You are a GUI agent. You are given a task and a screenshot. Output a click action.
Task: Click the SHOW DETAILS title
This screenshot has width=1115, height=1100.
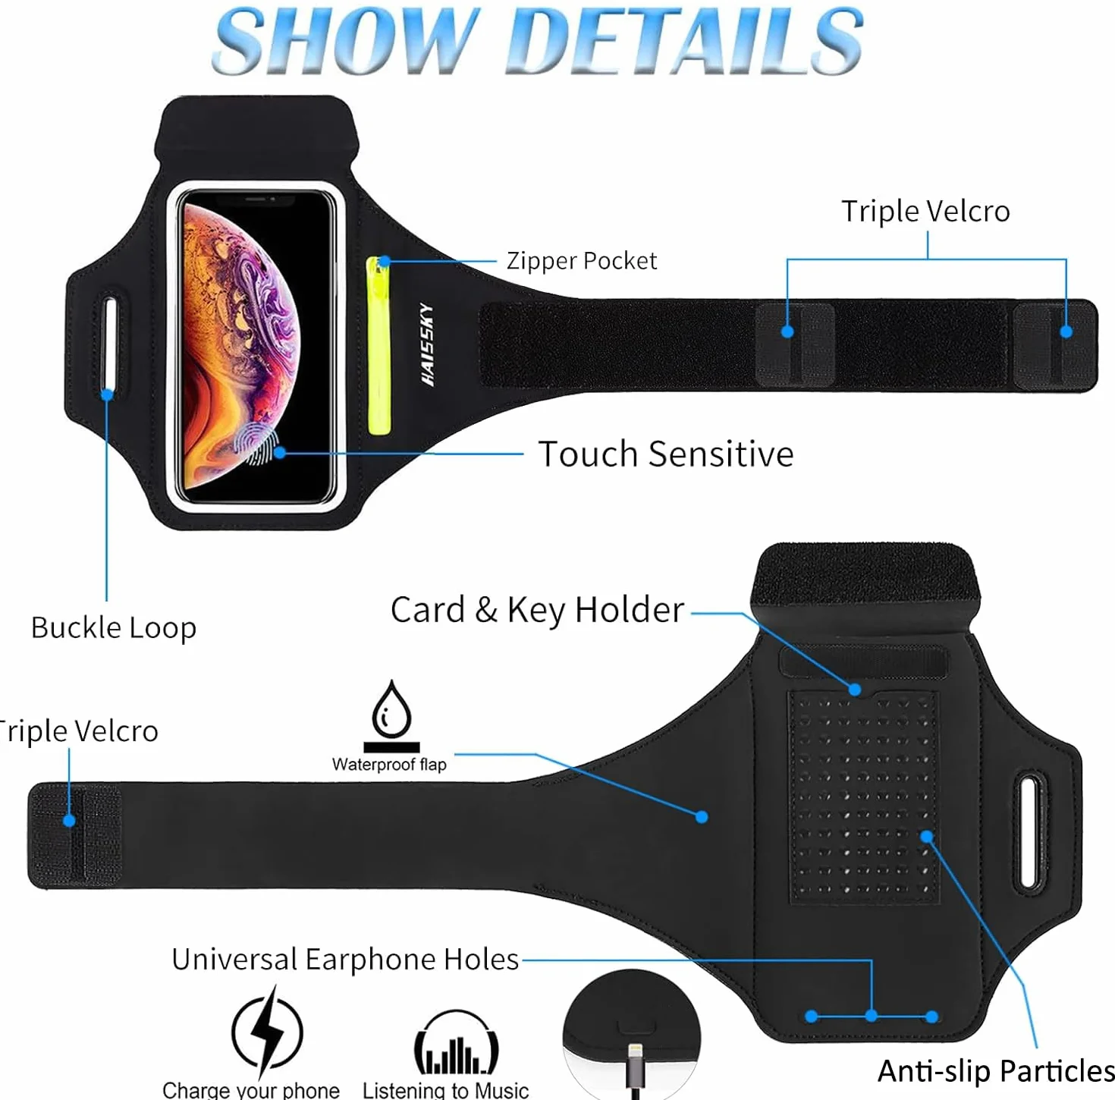pos(538,39)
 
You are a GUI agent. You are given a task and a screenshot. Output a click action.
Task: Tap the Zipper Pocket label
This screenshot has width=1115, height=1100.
pos(582,260)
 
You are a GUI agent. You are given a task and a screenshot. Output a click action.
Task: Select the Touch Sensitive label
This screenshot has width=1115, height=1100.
pos(665,454)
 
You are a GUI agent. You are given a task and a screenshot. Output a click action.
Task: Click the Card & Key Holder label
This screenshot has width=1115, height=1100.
pos(537,610)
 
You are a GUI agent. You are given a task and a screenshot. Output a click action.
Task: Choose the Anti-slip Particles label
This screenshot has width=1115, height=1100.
pos(996,1070)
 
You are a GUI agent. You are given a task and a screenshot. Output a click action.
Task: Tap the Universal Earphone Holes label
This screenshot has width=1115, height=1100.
pos(345,960)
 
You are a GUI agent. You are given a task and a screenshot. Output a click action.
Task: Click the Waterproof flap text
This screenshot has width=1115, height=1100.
pos(389,764)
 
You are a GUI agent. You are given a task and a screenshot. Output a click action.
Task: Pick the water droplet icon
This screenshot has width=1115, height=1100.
pos(391,716)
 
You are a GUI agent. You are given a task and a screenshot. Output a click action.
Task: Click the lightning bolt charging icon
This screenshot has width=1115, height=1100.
pos(267,1031)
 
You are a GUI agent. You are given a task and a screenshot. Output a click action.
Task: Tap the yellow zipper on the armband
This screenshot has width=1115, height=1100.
pos(378,346)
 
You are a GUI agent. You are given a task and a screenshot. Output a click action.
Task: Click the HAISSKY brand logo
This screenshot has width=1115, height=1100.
pos(427,344)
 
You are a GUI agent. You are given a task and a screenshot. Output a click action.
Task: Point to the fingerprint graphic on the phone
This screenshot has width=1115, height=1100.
pos(255,444)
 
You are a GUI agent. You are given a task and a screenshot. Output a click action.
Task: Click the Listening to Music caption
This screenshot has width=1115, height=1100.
pos(445,1090)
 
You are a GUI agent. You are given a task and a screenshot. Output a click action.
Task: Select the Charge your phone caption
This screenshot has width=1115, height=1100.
pos(250,1090)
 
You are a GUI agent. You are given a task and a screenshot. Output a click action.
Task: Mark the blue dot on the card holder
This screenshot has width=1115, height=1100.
pos(855,690)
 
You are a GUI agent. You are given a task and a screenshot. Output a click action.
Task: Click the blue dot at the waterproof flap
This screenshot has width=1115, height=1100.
pos(702,817)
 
